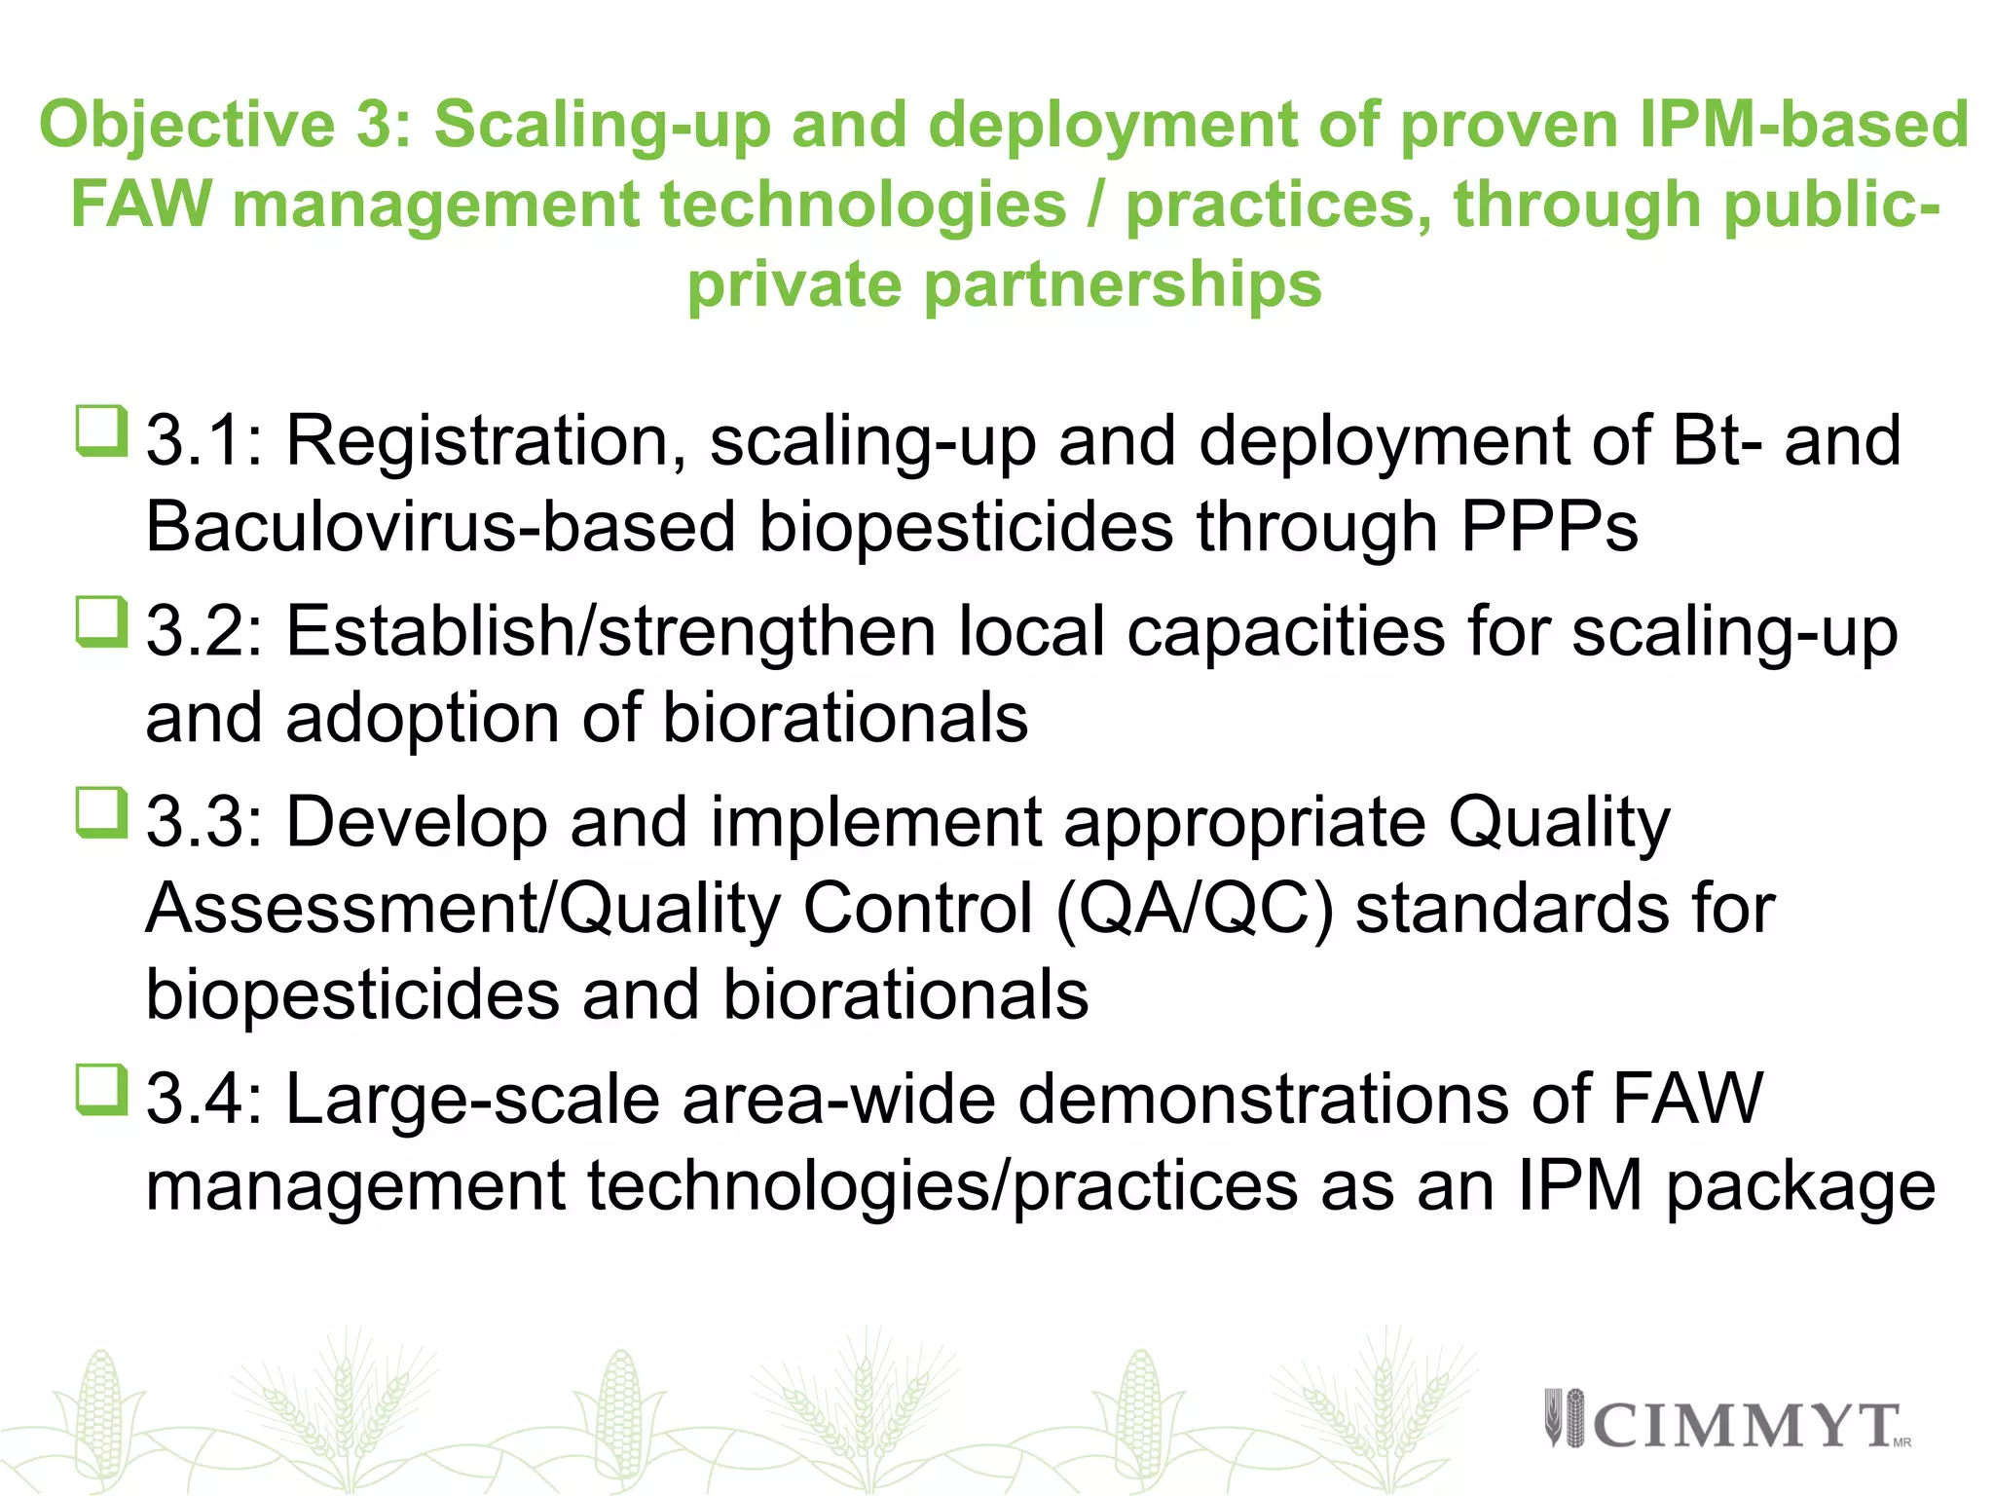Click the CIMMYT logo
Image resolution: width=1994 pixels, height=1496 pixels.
pos(1726,1423)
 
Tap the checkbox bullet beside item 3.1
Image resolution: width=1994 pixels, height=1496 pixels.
pos(101,431)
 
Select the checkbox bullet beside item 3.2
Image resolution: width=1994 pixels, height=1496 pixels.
pos(101,622)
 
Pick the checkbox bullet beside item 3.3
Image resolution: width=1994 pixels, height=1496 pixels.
pos(101,813)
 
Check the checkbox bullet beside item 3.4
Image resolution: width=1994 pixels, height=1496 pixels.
pos(101,1090)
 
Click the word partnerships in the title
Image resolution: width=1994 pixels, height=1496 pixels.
pos(1123,284)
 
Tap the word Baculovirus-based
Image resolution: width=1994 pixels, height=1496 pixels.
pos(440,527)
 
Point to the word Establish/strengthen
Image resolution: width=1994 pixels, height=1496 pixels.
pos(610,631)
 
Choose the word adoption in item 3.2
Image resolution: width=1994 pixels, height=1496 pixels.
pos(422,718)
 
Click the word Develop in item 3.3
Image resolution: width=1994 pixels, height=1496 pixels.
pos(416,822)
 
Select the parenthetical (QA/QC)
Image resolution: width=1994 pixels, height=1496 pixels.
pos(1194,909)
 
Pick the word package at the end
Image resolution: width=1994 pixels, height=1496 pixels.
pos(1800,1187)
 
